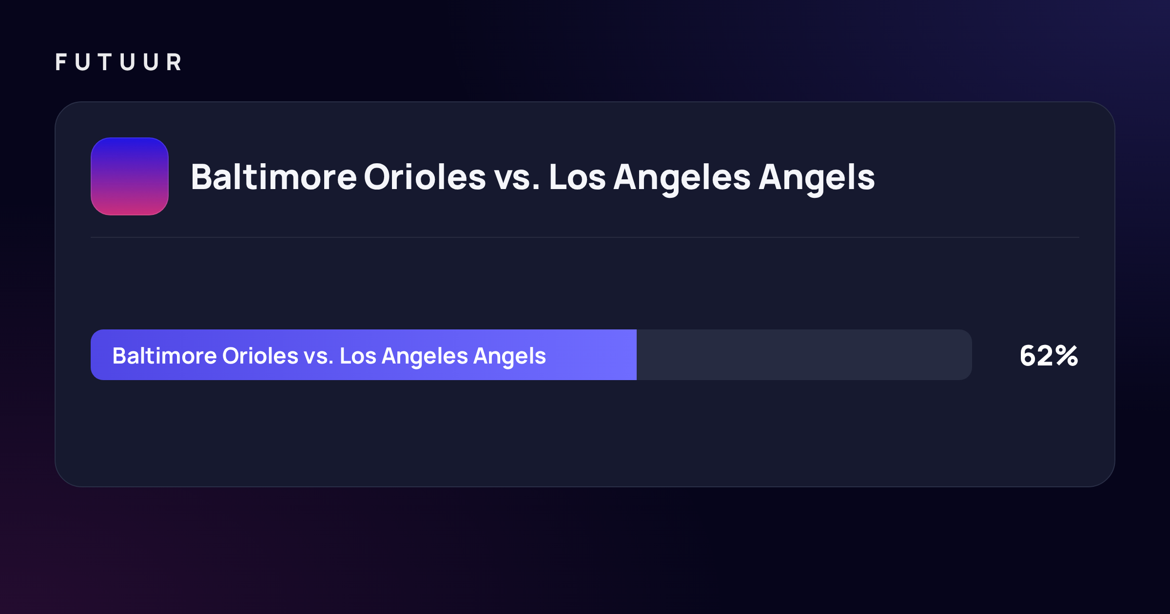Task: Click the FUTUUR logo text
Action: tap(118, 62)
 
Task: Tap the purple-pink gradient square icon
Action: tap(130, 176)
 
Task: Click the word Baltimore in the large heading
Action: tap(273, 177)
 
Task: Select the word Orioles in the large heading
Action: tap(425, 177)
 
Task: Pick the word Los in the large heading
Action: tap(577, 177)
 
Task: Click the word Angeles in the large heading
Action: tap(682, 179)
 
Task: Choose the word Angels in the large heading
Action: tap(817, 179)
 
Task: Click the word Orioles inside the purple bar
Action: tap(260, 356)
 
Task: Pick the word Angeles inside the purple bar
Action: tap(425, 358)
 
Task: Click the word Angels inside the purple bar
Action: tap(509, 358)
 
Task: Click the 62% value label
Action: tap(1049, 355)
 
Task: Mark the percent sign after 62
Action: tap(1067, 355)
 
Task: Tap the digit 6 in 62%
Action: tap(1028, 355)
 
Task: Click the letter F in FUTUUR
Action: tap(61, 62)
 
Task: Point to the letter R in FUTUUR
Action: tap(174, 62)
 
